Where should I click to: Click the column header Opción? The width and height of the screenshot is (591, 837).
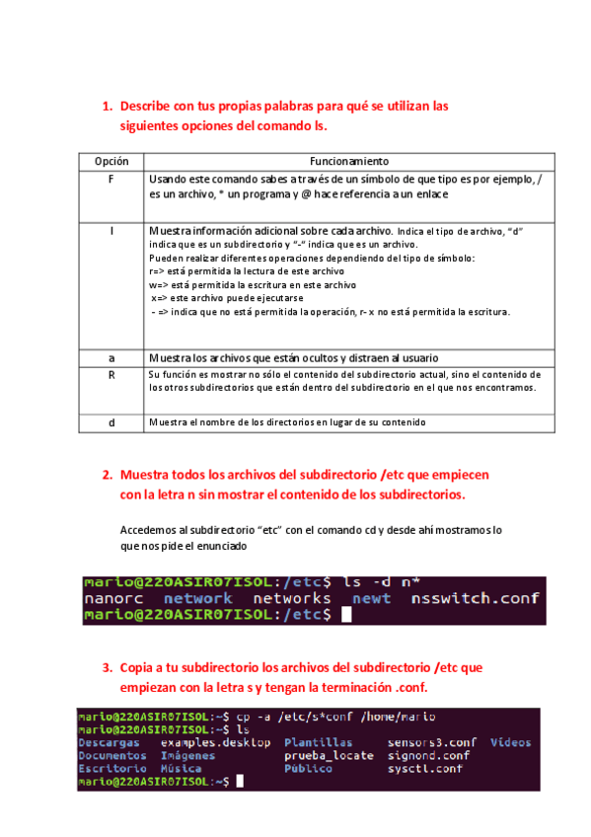tap(111, 161)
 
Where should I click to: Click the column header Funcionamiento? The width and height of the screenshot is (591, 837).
tap(349, 161)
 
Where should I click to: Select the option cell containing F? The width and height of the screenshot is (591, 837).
tap(111, 179)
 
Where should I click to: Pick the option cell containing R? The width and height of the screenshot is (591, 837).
tap(111, 376)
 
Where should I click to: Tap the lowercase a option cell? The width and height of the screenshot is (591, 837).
tap(111, 357)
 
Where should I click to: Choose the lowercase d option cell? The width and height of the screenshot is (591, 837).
tap(111, 422)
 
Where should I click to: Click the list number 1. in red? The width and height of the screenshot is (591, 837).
tap(108, 106)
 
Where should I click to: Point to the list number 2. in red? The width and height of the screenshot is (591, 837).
tap(108, 475)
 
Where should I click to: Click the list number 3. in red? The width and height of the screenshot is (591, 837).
tap(108, 668)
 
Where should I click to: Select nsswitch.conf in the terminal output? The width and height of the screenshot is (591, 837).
tap(476, 598)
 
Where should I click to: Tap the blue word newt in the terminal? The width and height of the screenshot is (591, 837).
tap(371, 598)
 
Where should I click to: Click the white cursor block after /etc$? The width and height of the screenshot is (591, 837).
tap(345, 615)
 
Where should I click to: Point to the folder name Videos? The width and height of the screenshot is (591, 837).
tap(510, 742)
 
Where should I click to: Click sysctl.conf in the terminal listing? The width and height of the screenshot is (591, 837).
tap(424, 768)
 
